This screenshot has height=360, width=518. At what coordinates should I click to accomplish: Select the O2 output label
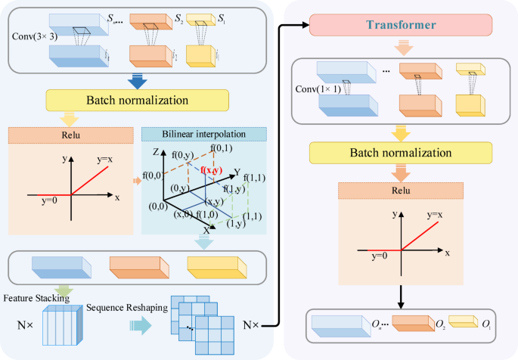coord(439,325)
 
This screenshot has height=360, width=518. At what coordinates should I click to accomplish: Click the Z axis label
coord(156,152)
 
